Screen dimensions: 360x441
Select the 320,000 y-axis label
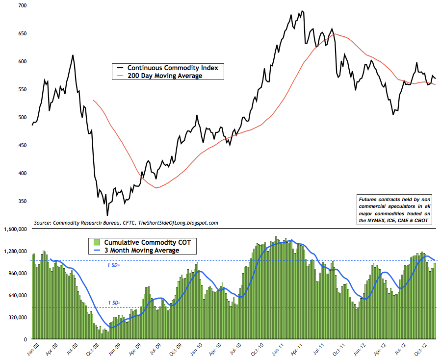[x=18, y=317]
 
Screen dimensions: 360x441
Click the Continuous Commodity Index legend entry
[x=169, y=67]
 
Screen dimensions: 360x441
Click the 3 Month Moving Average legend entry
[x=140, y=250]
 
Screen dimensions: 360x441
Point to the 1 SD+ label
[x=114, y=265]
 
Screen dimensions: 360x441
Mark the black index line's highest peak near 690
[x=302, y=11]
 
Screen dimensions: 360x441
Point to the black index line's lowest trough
[x=107, y=215]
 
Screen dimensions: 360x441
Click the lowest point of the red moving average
[x=156, y=188]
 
